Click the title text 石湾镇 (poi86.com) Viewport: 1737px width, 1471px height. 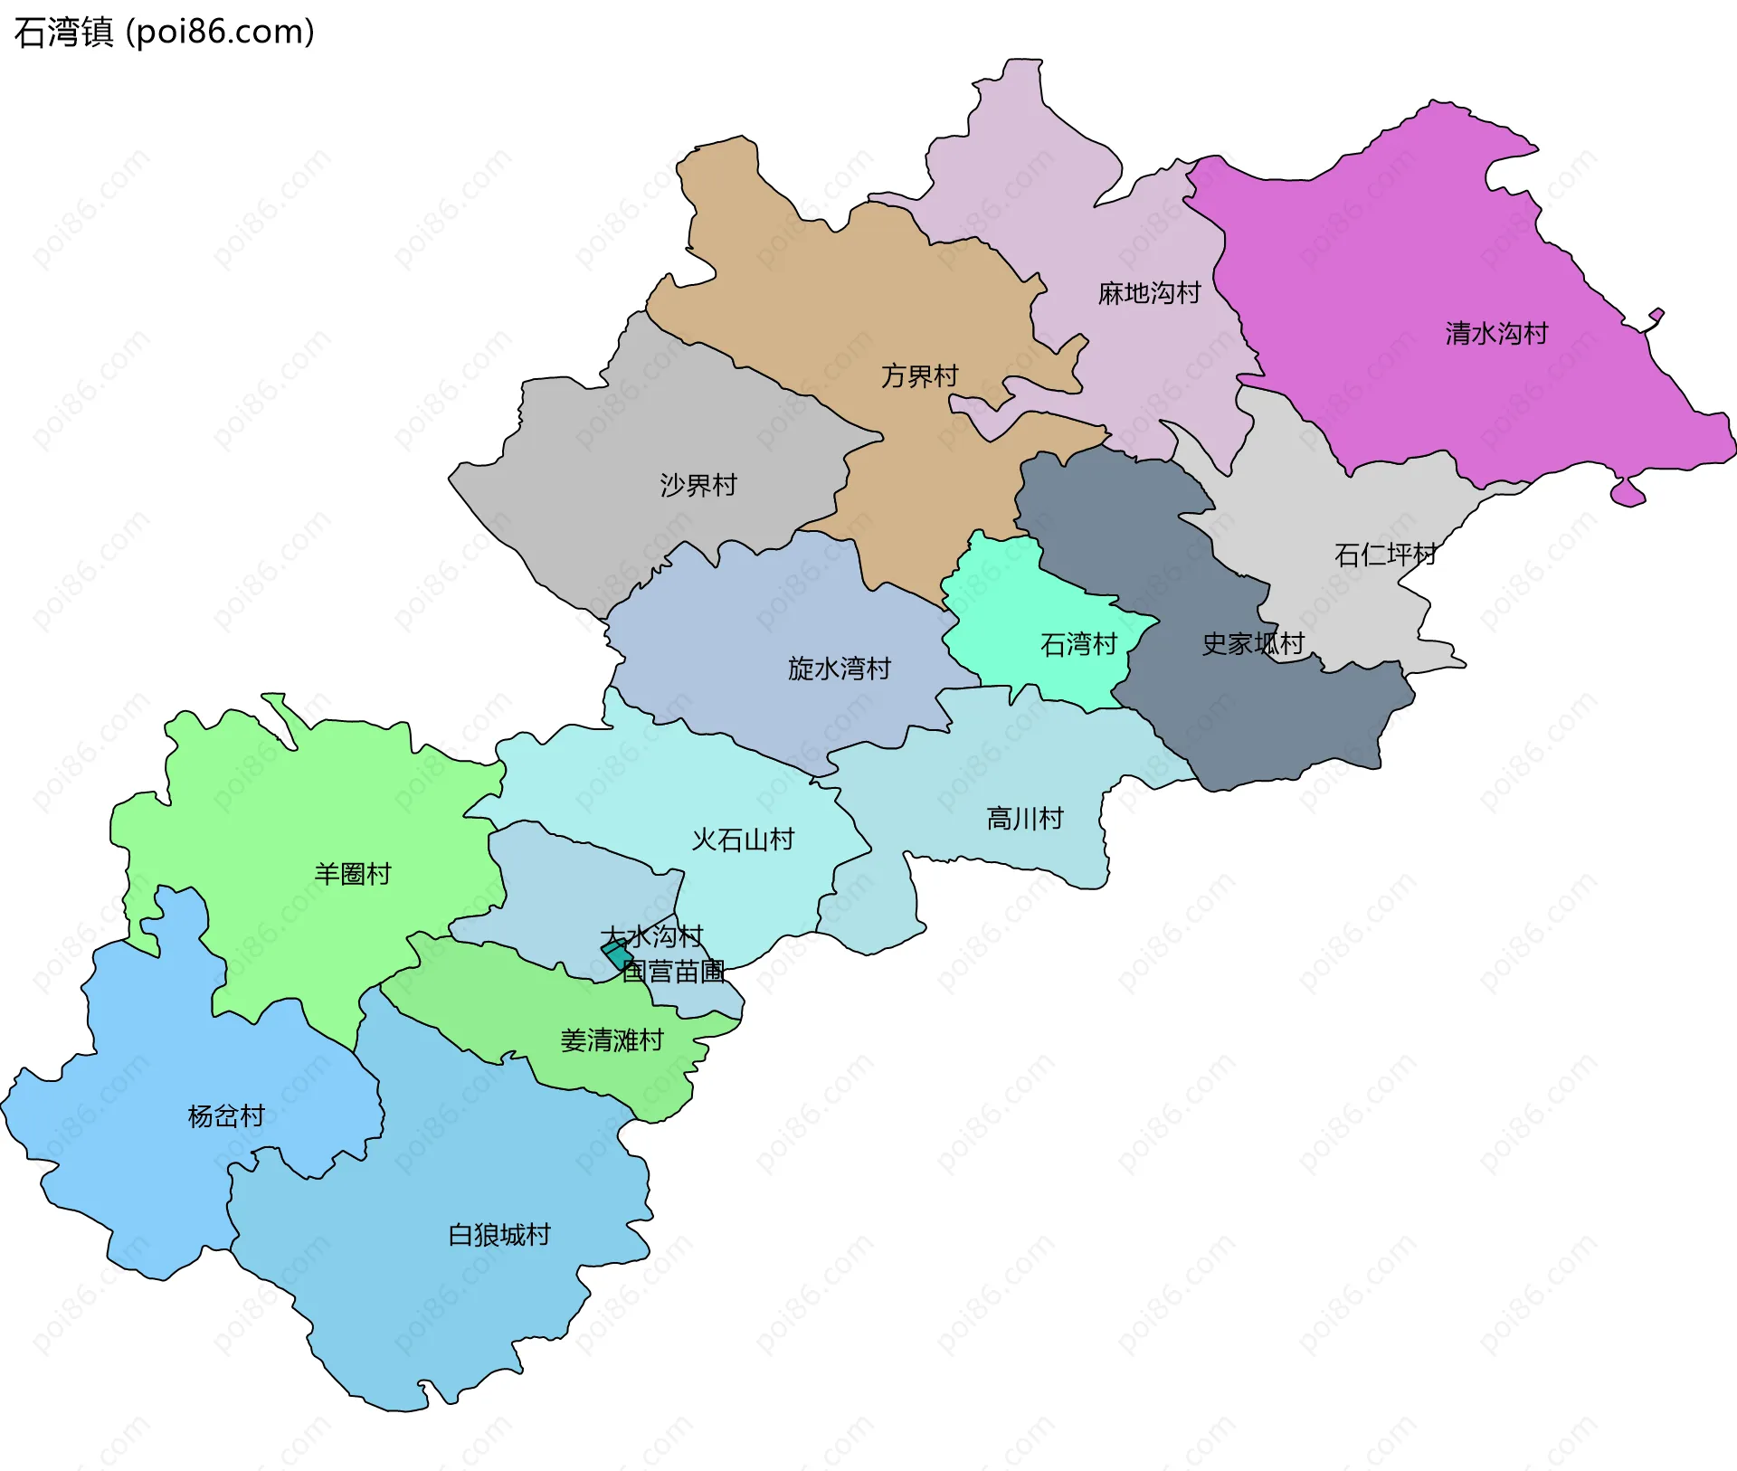coord(164,32)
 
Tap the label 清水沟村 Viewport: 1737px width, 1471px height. coord(1496,334)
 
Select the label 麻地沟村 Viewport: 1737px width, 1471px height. coord(1149,293)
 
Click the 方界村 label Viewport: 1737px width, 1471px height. coord(919,376)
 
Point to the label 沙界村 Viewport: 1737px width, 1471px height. coord(698,486)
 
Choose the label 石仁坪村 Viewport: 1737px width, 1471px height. coord(1385,555)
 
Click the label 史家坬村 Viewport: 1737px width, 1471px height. coord(1253,644)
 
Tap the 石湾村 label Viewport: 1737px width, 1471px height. coord(1078,645)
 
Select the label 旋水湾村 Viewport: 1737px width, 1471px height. coord(839,669)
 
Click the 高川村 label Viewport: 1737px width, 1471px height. coord(1024,820)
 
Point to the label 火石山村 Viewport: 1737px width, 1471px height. coord(743,840)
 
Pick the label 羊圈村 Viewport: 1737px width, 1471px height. coord(352,875)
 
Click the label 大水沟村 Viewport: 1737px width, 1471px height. coord(651,936)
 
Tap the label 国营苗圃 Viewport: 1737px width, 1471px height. coord(673,973)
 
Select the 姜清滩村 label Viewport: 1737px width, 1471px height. coord(612,1041)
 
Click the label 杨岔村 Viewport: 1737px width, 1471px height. coord(226,1117)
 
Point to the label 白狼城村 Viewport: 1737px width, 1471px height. coord(499,1236)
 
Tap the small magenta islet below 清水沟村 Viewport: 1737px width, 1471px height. coord(1628,494)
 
